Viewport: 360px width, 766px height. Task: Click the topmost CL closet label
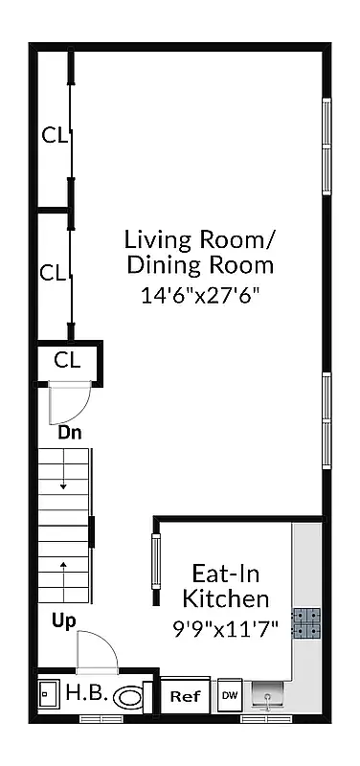click(x=54, y=135)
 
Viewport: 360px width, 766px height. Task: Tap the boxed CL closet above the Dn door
click(x=66, y=360)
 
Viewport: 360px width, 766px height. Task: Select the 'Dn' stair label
click(x=70, y=432)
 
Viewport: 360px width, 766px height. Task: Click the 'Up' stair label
click(x=64, y=621)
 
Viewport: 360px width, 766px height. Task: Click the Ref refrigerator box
click(x=184, y=696)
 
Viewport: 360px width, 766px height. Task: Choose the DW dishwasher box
click(x=230, y=695)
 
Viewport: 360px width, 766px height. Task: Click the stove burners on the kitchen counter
click(x=307, y=624)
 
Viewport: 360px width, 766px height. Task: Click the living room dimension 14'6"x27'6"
click(x=200, y=296)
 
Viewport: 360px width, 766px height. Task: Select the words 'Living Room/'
click(x=200, y=238)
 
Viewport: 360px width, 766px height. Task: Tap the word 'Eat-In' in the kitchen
click(x=226, y=574)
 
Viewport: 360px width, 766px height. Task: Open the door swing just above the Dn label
click(x=69, y=401)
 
